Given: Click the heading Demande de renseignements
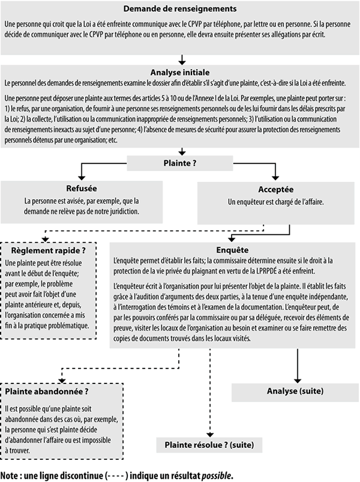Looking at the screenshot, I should (x=180, y=9).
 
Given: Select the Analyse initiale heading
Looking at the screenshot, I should (x=180, y=71).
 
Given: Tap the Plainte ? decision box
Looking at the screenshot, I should (x=180, y=163).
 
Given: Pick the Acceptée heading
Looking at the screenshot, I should (x=276, y=188).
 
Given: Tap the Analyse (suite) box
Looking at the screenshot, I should (x=295, y=391).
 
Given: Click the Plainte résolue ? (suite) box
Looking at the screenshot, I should (x=209, y=445).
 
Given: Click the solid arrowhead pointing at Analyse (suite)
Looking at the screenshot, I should (x=298, y=378).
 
